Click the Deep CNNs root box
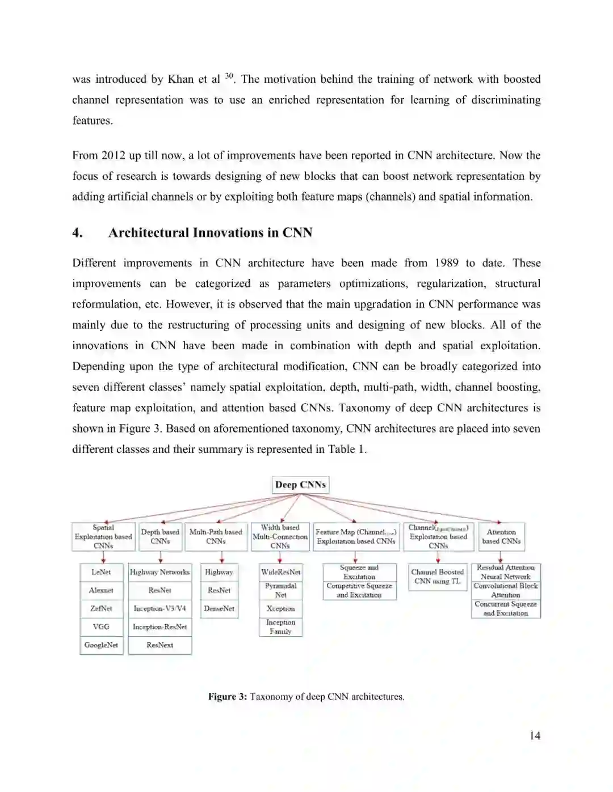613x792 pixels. pos(300,485)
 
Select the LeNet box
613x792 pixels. pos(102,572)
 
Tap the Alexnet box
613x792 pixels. pos(102,590)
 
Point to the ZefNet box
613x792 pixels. pos(102,608)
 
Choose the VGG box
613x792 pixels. pos(102,626)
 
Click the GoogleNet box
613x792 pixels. pos(102,645)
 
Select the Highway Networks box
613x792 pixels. pos(160,572)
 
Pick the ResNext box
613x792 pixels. pos(160,645)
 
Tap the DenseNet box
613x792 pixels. pos(219,608)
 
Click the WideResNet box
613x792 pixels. pos(281,572)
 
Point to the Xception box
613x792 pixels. pos(281,608)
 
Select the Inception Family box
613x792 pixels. pos(281,626)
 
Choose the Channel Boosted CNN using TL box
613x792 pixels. pos(438,577)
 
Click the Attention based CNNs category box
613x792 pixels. pos(501,536)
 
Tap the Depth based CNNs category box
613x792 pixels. pos(160,536)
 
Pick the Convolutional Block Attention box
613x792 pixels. pos(506,590)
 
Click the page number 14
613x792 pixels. pos(535,736)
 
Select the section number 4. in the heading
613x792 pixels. pos(77,232)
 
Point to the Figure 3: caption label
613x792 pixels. pos(227,696)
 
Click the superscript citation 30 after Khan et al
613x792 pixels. pos(229,76)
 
